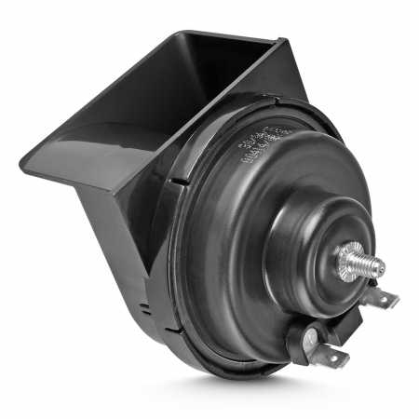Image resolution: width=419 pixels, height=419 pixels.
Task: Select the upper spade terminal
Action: tap(382, 298)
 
